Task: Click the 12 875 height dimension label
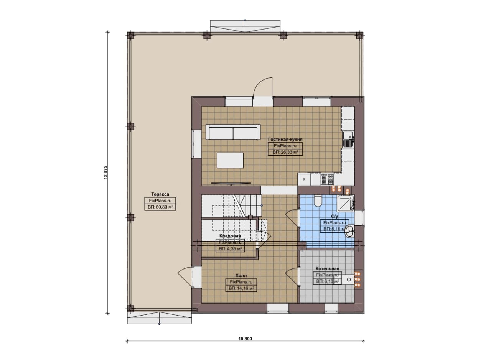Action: tap(105, 173)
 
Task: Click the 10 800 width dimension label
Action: tap(245, 339)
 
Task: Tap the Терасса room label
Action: tap(160, 194)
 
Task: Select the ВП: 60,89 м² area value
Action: tap(160, 207)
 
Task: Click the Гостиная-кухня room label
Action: tap(285, 139)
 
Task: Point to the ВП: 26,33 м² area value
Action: tap(285, 152)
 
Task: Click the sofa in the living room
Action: tap(233, 132)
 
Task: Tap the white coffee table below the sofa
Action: tap(230, 160)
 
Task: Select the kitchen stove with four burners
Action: tap(327, 179)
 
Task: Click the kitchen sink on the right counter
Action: tap(348, 139)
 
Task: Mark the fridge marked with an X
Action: tap(304, 179)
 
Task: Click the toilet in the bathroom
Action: tap(318, 201)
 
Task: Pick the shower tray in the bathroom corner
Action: tap(346, 204)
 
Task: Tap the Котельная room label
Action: tap(327, 268)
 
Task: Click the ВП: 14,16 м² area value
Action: tap(241, 288)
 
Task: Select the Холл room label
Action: tap(241, 275)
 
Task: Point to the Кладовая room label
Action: tap(230, 236)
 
